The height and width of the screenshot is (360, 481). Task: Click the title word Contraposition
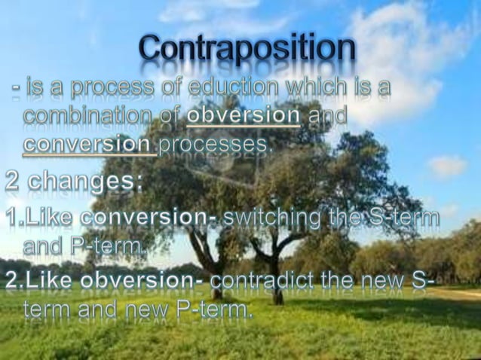247,50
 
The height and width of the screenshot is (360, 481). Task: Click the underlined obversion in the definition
243,117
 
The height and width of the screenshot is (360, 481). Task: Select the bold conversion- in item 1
150,218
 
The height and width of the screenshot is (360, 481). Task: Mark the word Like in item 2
51,282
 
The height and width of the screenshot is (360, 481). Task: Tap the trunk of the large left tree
214,279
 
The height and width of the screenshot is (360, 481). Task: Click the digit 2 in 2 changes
14,182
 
